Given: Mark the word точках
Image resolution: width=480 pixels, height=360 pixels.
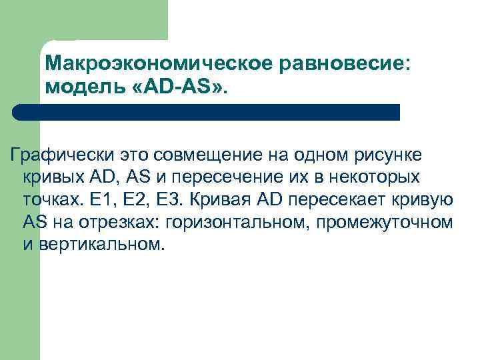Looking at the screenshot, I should (x=49, y=199).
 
